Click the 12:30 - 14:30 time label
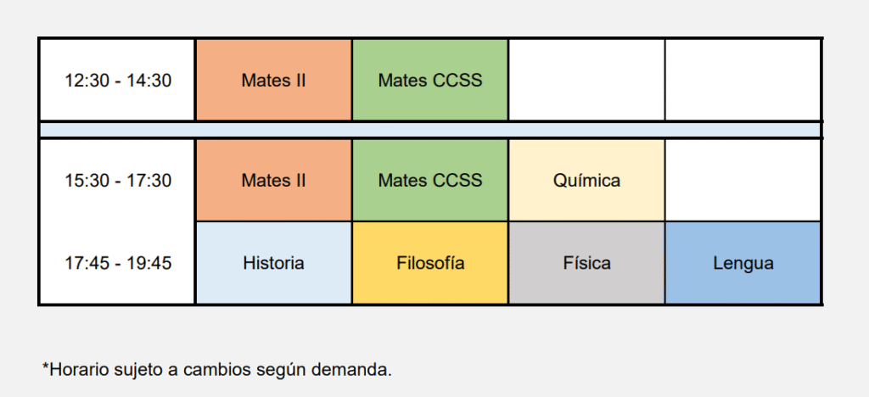[x=118, y=81]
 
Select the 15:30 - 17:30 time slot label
[x=118, y=181]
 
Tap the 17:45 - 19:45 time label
[x=118, y=263]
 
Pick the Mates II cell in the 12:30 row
[x=274, y=80]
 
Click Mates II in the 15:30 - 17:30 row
[x=274, y=180]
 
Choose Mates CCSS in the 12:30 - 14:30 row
[x=430, y=80]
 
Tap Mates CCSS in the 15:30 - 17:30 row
[x=430, y=180]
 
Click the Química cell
[x=586, y=180]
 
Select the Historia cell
[x=274, y=263]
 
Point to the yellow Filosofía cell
[x=430, y=263]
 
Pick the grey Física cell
[x=586, y=263]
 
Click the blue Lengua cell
[x=743, y=263]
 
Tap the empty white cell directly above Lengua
[x=743, y=180]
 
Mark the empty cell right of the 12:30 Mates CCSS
[x=586, y=80]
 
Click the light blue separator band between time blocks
[x=430, y=130]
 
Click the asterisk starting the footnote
[x=46, y=366]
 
